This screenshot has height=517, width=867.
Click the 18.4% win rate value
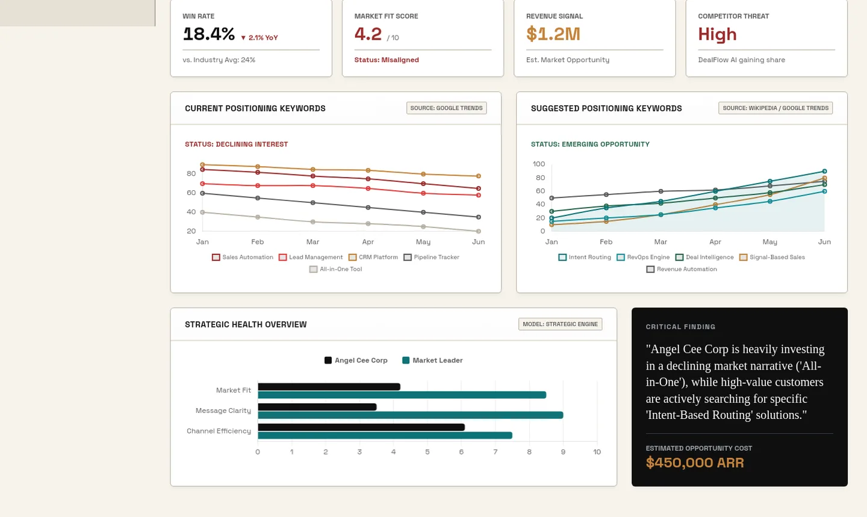coord(208,34)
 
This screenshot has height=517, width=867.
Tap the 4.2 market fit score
coord(368,34)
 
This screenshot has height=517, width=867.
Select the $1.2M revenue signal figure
coord(553,34)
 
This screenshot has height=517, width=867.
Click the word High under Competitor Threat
coord(717,34)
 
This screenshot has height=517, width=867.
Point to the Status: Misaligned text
coord(387,60)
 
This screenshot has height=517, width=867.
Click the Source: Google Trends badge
coord(446,108)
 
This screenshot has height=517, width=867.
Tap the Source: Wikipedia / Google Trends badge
coord(775,108)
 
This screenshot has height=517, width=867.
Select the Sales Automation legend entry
coord(243,258)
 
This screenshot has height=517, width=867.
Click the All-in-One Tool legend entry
coord(336,269)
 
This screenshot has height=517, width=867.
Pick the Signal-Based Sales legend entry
coord(772,258)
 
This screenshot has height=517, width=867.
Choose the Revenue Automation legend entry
coord(682,269)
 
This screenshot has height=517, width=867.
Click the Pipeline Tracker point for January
coord(202,193)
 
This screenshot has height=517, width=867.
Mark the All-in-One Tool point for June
coord(479,231)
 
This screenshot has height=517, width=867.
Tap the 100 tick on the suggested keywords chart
coord(538,164)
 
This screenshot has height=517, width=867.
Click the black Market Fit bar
coord(329,386)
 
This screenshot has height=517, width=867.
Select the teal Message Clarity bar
coord(410,415)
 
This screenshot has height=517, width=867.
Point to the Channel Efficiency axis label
coord(219,431)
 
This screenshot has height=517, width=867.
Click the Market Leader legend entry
coord(432,361)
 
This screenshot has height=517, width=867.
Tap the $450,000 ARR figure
coord(695,462)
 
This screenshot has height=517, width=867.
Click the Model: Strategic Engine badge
coord(560,324)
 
